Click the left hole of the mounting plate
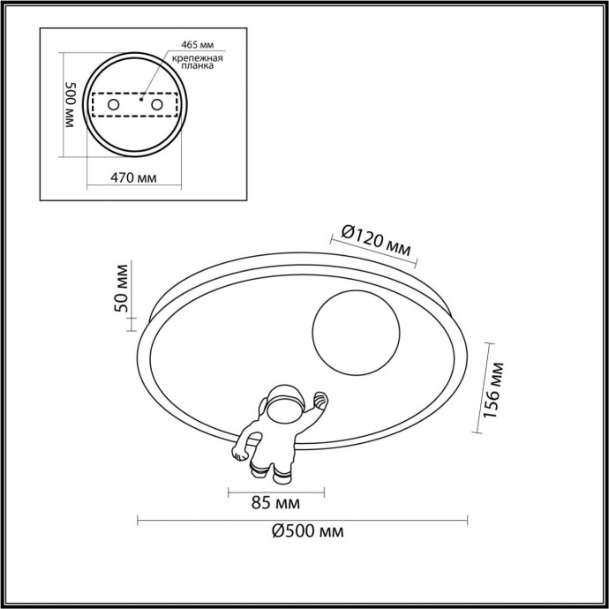[113, 105]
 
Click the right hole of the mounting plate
[158, 105]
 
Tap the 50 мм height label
[124, 288]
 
